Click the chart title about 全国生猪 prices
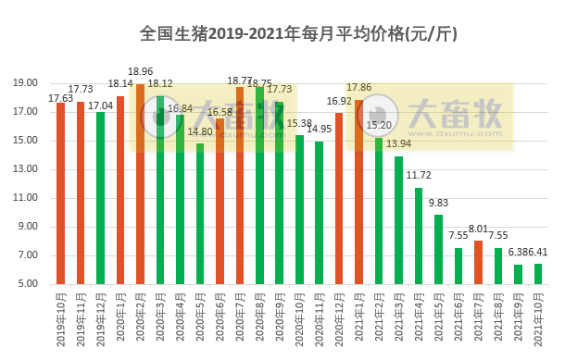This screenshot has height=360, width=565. click(x=298, y=34)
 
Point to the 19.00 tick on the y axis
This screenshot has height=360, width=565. click(x=28, y=83)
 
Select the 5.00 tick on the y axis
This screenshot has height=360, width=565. click(x=28, y=283)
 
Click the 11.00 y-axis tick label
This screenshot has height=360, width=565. click(x=28, y=198)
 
